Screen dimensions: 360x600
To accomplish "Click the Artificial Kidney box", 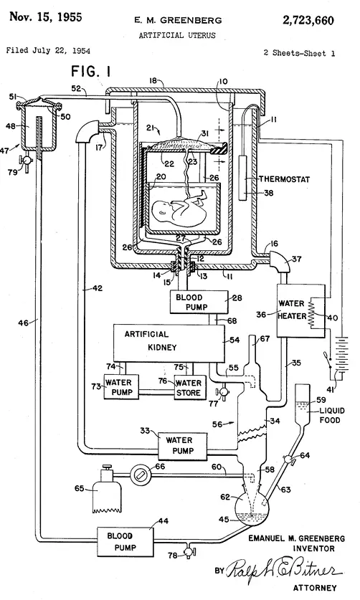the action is point(169,343).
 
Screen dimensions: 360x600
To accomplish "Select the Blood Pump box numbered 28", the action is point(199,302).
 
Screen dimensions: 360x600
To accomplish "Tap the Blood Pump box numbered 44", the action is point(125,541).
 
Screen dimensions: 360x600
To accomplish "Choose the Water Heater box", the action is point(300,310).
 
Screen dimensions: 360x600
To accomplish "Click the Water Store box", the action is point(190,387).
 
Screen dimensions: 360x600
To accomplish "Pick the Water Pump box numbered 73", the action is point(121,387).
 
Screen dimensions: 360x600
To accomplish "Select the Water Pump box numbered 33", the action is point(183,446).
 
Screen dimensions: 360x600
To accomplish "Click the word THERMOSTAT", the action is point(285,179).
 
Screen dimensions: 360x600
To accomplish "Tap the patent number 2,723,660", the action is point(308,20).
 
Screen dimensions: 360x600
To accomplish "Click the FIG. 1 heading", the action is point(91,71).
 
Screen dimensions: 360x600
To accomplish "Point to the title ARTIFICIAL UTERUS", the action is point(177,35).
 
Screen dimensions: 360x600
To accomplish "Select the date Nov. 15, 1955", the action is point(46,16).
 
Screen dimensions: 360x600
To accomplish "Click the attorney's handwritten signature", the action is point(283,570).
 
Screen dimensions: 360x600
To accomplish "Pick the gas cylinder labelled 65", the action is point(106,489).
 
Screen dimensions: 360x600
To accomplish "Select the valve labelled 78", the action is point(188,551).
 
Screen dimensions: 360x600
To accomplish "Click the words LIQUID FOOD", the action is point(331,415).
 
